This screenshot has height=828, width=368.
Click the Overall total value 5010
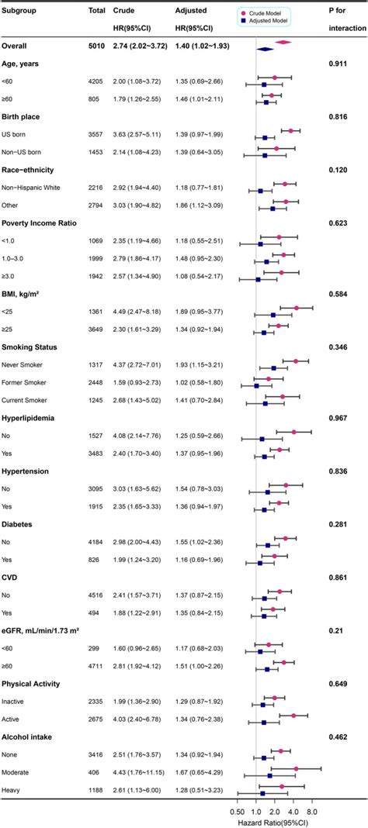(97, 47)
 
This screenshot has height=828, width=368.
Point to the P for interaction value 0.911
(340, 64)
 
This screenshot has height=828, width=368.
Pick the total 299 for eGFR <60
(97, 644)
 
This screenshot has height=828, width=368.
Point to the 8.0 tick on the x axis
(312, 809)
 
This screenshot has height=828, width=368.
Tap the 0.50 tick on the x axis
(238, 809)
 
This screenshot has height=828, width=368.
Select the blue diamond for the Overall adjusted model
(266, 49)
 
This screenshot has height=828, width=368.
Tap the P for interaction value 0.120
(340, 167)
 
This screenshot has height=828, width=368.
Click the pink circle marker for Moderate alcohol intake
(296, 769)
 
